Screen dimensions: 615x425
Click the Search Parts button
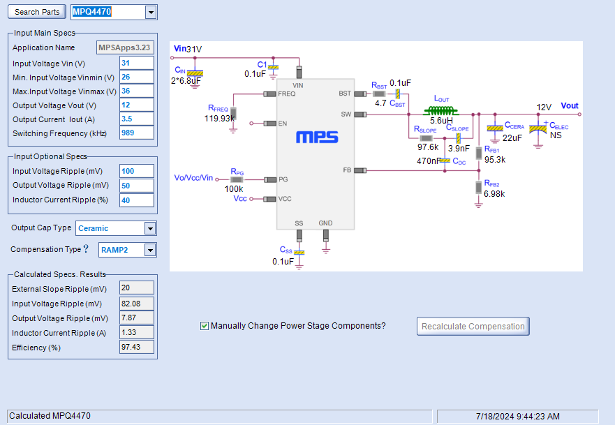(x=37, y=12)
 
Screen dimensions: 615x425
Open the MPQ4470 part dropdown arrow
(x=151, y=12)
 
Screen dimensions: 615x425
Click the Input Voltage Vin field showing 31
(x=137, y=63)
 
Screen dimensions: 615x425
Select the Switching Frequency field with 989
(x=137, y=133)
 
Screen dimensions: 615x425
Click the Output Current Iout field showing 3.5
(x=137, y=119)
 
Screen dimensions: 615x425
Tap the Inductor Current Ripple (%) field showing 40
(x=137, y=200)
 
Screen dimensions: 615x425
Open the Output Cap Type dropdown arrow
(x=150, y=228)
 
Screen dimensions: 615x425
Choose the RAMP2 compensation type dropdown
(x=128, y=250)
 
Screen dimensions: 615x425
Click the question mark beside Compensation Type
(x=86, y=248)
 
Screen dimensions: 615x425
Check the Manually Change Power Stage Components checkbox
(x=205, y=326)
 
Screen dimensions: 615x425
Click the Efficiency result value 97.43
(x=137, y=347)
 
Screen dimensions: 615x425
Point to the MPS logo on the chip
(x=317, y=137)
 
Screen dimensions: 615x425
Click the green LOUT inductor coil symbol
(x=441, y=110)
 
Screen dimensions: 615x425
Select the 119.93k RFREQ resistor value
(x=219, y=119)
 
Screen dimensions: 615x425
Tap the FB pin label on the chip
(x=347, y=170)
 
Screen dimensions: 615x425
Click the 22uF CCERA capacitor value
(x=512, y=138)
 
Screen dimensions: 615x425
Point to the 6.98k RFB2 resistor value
(x=494, y=194)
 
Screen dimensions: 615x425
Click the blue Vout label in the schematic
(x=570, y=106)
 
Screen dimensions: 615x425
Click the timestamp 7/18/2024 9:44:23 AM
(x=518, y=417)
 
